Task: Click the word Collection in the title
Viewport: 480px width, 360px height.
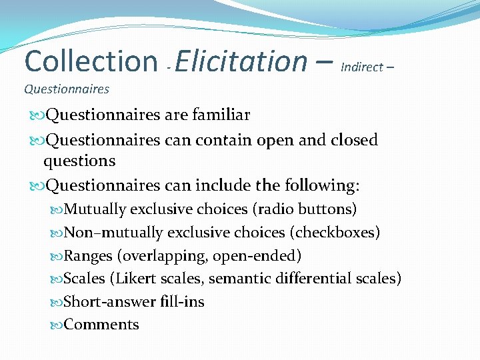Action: click(x=90, y=61)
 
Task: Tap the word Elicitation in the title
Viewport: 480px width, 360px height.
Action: click(x=241, y=61)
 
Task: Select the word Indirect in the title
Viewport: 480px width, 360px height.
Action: click(x=361, y=67)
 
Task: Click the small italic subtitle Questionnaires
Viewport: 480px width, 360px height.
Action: click(x=67, y=89)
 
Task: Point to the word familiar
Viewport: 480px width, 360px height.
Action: click(x=221, y=115)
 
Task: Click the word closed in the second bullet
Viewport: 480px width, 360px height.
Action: click(x=354, y=140)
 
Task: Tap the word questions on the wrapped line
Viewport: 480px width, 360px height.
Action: click(x=79, y=161)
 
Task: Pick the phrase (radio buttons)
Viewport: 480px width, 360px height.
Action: click(x=305, y=209)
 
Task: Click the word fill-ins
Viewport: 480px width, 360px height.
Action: click(x=183, y=302)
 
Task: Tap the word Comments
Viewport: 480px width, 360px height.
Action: click(x=101, y=325)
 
